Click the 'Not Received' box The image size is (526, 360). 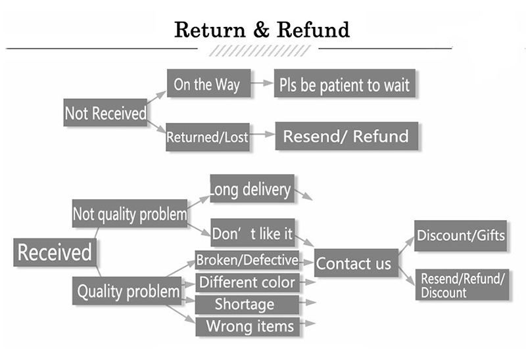point(105,112)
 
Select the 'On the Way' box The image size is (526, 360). point(208,83)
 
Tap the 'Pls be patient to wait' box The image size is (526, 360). point(345,83)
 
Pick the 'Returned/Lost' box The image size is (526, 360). point(208,137)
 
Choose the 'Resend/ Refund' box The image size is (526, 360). point(347,136)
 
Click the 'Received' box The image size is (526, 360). point(55,252)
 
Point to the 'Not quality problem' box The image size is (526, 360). point(130,214)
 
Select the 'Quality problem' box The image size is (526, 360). point(127,290)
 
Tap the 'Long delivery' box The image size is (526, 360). point(252,189)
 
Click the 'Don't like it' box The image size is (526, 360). point(253,233)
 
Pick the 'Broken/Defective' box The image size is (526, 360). point(247,260)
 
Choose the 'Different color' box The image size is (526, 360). point(247,282)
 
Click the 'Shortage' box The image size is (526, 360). point(247,304)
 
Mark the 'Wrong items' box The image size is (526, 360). point(248,326)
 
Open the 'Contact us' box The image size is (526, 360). point(356,263)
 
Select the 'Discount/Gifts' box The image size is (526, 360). point(461,236)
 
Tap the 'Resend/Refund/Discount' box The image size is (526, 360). point(462,284)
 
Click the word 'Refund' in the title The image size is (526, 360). point(314,30)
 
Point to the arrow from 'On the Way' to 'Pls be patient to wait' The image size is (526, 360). point(262,83)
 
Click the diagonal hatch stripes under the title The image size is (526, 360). point(260,51)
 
